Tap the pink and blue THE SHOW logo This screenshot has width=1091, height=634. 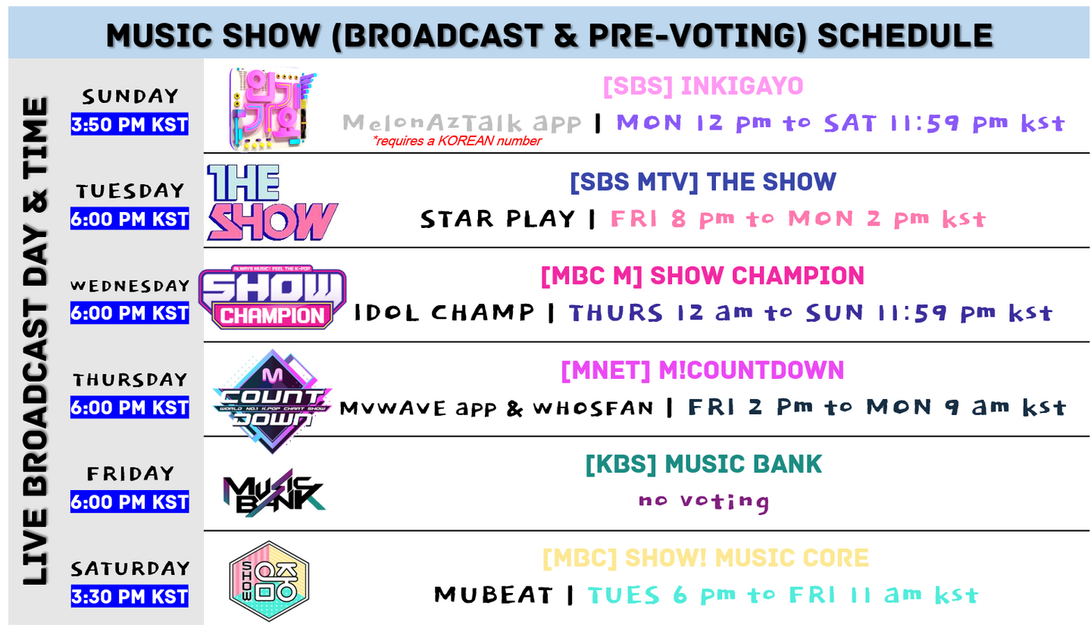[x=272, y=202]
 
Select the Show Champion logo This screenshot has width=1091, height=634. [x=272, y=297]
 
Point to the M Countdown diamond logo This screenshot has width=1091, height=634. [x=272, y=401]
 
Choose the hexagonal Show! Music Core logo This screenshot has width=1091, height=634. [x=270, y=581]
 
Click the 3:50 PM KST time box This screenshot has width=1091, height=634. [x=130, y=124]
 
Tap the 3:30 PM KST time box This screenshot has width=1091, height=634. [x=130, y=596]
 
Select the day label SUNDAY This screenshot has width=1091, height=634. [x=130, y=96]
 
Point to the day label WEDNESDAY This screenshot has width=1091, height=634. [x=130, y=286]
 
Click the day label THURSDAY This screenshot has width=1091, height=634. [x=130, y=379]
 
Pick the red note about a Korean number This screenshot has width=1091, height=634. [x=457, y=141]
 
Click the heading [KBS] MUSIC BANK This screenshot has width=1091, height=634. [x=703, y=464]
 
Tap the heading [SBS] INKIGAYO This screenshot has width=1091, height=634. [x=703, y=86]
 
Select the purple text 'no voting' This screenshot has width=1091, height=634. [x=704, y=501]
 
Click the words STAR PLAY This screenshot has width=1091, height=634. [x=497, y=219]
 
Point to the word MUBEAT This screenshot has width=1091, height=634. [x=493, y=595]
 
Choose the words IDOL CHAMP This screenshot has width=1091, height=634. [x=444, y=312]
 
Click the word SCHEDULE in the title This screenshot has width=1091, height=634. [x=905, y=36]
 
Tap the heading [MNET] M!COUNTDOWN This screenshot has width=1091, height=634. [x=702, y=370]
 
